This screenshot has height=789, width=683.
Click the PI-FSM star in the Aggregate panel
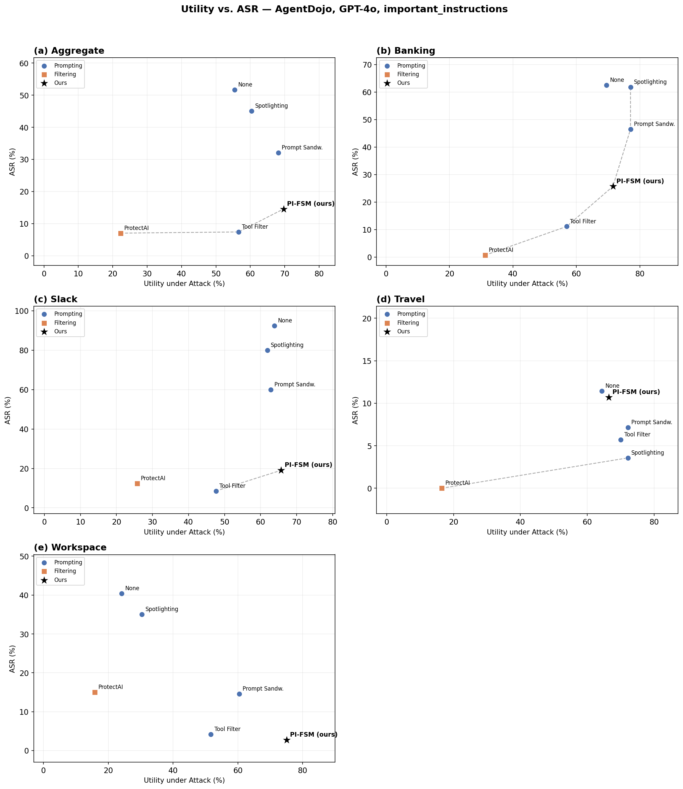(284, 209)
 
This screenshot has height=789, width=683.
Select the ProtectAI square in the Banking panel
(485, 255)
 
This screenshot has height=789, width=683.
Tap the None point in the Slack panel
(274, 326)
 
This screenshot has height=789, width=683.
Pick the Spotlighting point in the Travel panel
(628, 458)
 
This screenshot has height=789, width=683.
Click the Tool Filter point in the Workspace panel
(211, 735)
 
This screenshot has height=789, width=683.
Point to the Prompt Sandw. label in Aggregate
(302, 147)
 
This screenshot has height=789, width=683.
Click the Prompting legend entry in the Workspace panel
(68, 563)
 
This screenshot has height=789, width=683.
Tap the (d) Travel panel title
(401, 299)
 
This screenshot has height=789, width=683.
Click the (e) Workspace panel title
(70, 548)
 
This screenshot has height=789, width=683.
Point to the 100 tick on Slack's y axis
(23, 311)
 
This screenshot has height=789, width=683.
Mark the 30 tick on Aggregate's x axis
(147, 274)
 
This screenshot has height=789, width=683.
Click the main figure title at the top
(344, 10)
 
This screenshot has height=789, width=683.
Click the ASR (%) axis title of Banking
(355, 162)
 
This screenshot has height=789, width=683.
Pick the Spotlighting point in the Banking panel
(631, 87)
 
